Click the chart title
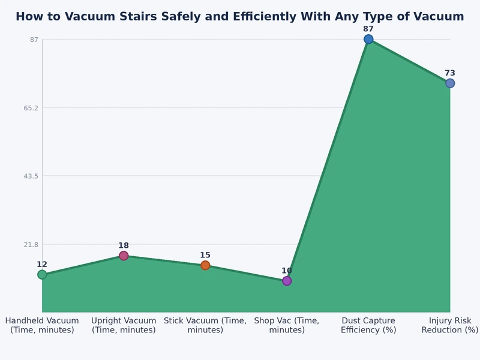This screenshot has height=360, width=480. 240,17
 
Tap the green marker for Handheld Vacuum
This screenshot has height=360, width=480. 42,275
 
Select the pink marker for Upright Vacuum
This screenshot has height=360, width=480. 124,256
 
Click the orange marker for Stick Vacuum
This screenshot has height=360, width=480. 205,265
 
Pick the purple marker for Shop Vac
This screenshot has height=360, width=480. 287,281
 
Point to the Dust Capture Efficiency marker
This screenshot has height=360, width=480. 368,39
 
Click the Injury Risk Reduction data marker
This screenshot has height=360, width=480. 450,83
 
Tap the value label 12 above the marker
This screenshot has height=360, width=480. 42,265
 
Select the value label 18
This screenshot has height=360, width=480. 124,245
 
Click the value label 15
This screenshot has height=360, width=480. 205,255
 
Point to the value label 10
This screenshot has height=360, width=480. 287,271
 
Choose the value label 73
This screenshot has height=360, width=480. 450,73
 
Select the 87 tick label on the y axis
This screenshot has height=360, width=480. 34,40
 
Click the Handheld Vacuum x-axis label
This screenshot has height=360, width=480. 42,325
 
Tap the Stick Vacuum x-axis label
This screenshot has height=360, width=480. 205,325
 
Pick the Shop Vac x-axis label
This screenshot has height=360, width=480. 287,325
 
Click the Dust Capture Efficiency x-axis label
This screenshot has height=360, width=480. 368,325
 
